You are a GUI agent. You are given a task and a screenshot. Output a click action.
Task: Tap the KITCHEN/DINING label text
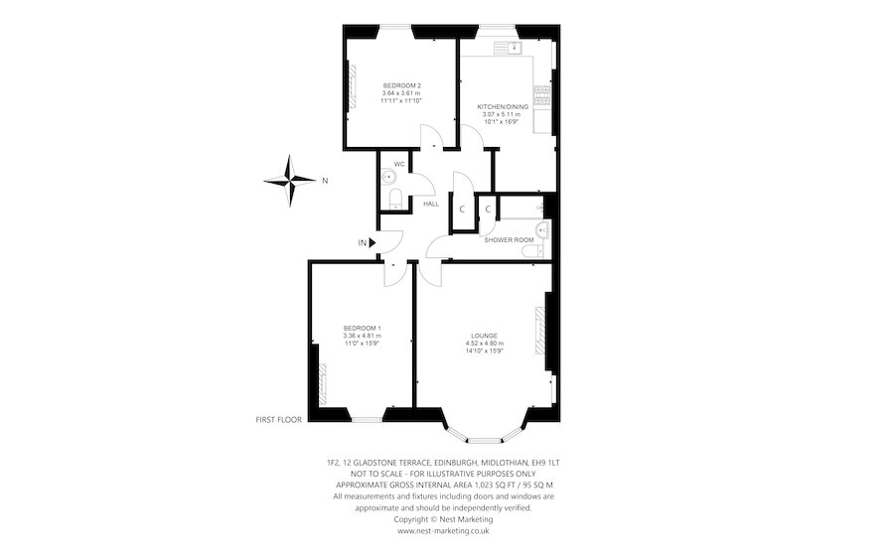[x=498, y=106]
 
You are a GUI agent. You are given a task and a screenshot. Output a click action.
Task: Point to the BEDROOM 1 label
[x=363, y=328]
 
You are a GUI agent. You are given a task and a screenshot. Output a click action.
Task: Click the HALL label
[x=431, y=204]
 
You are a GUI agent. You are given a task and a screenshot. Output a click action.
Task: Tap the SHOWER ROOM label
[x=510, y=240]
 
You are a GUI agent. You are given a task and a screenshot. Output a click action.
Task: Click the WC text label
[x=398, y=164]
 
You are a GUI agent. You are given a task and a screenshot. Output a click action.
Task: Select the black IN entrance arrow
[x=373, y=242]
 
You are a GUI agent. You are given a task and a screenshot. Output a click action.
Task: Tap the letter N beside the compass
[x=325, y=181]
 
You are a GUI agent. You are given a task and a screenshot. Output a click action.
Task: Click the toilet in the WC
[x=394, y=202]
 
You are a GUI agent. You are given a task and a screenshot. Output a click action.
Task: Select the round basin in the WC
[x=389, y=178]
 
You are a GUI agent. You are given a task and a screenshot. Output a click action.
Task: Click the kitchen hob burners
[x=542, y=95]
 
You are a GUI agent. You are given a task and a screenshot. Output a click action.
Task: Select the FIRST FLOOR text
[x=278, y=420]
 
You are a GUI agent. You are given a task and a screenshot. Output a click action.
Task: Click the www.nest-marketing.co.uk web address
[x=443, y=530]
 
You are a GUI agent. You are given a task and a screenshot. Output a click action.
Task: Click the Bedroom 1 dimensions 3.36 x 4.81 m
[x=363, y=336]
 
